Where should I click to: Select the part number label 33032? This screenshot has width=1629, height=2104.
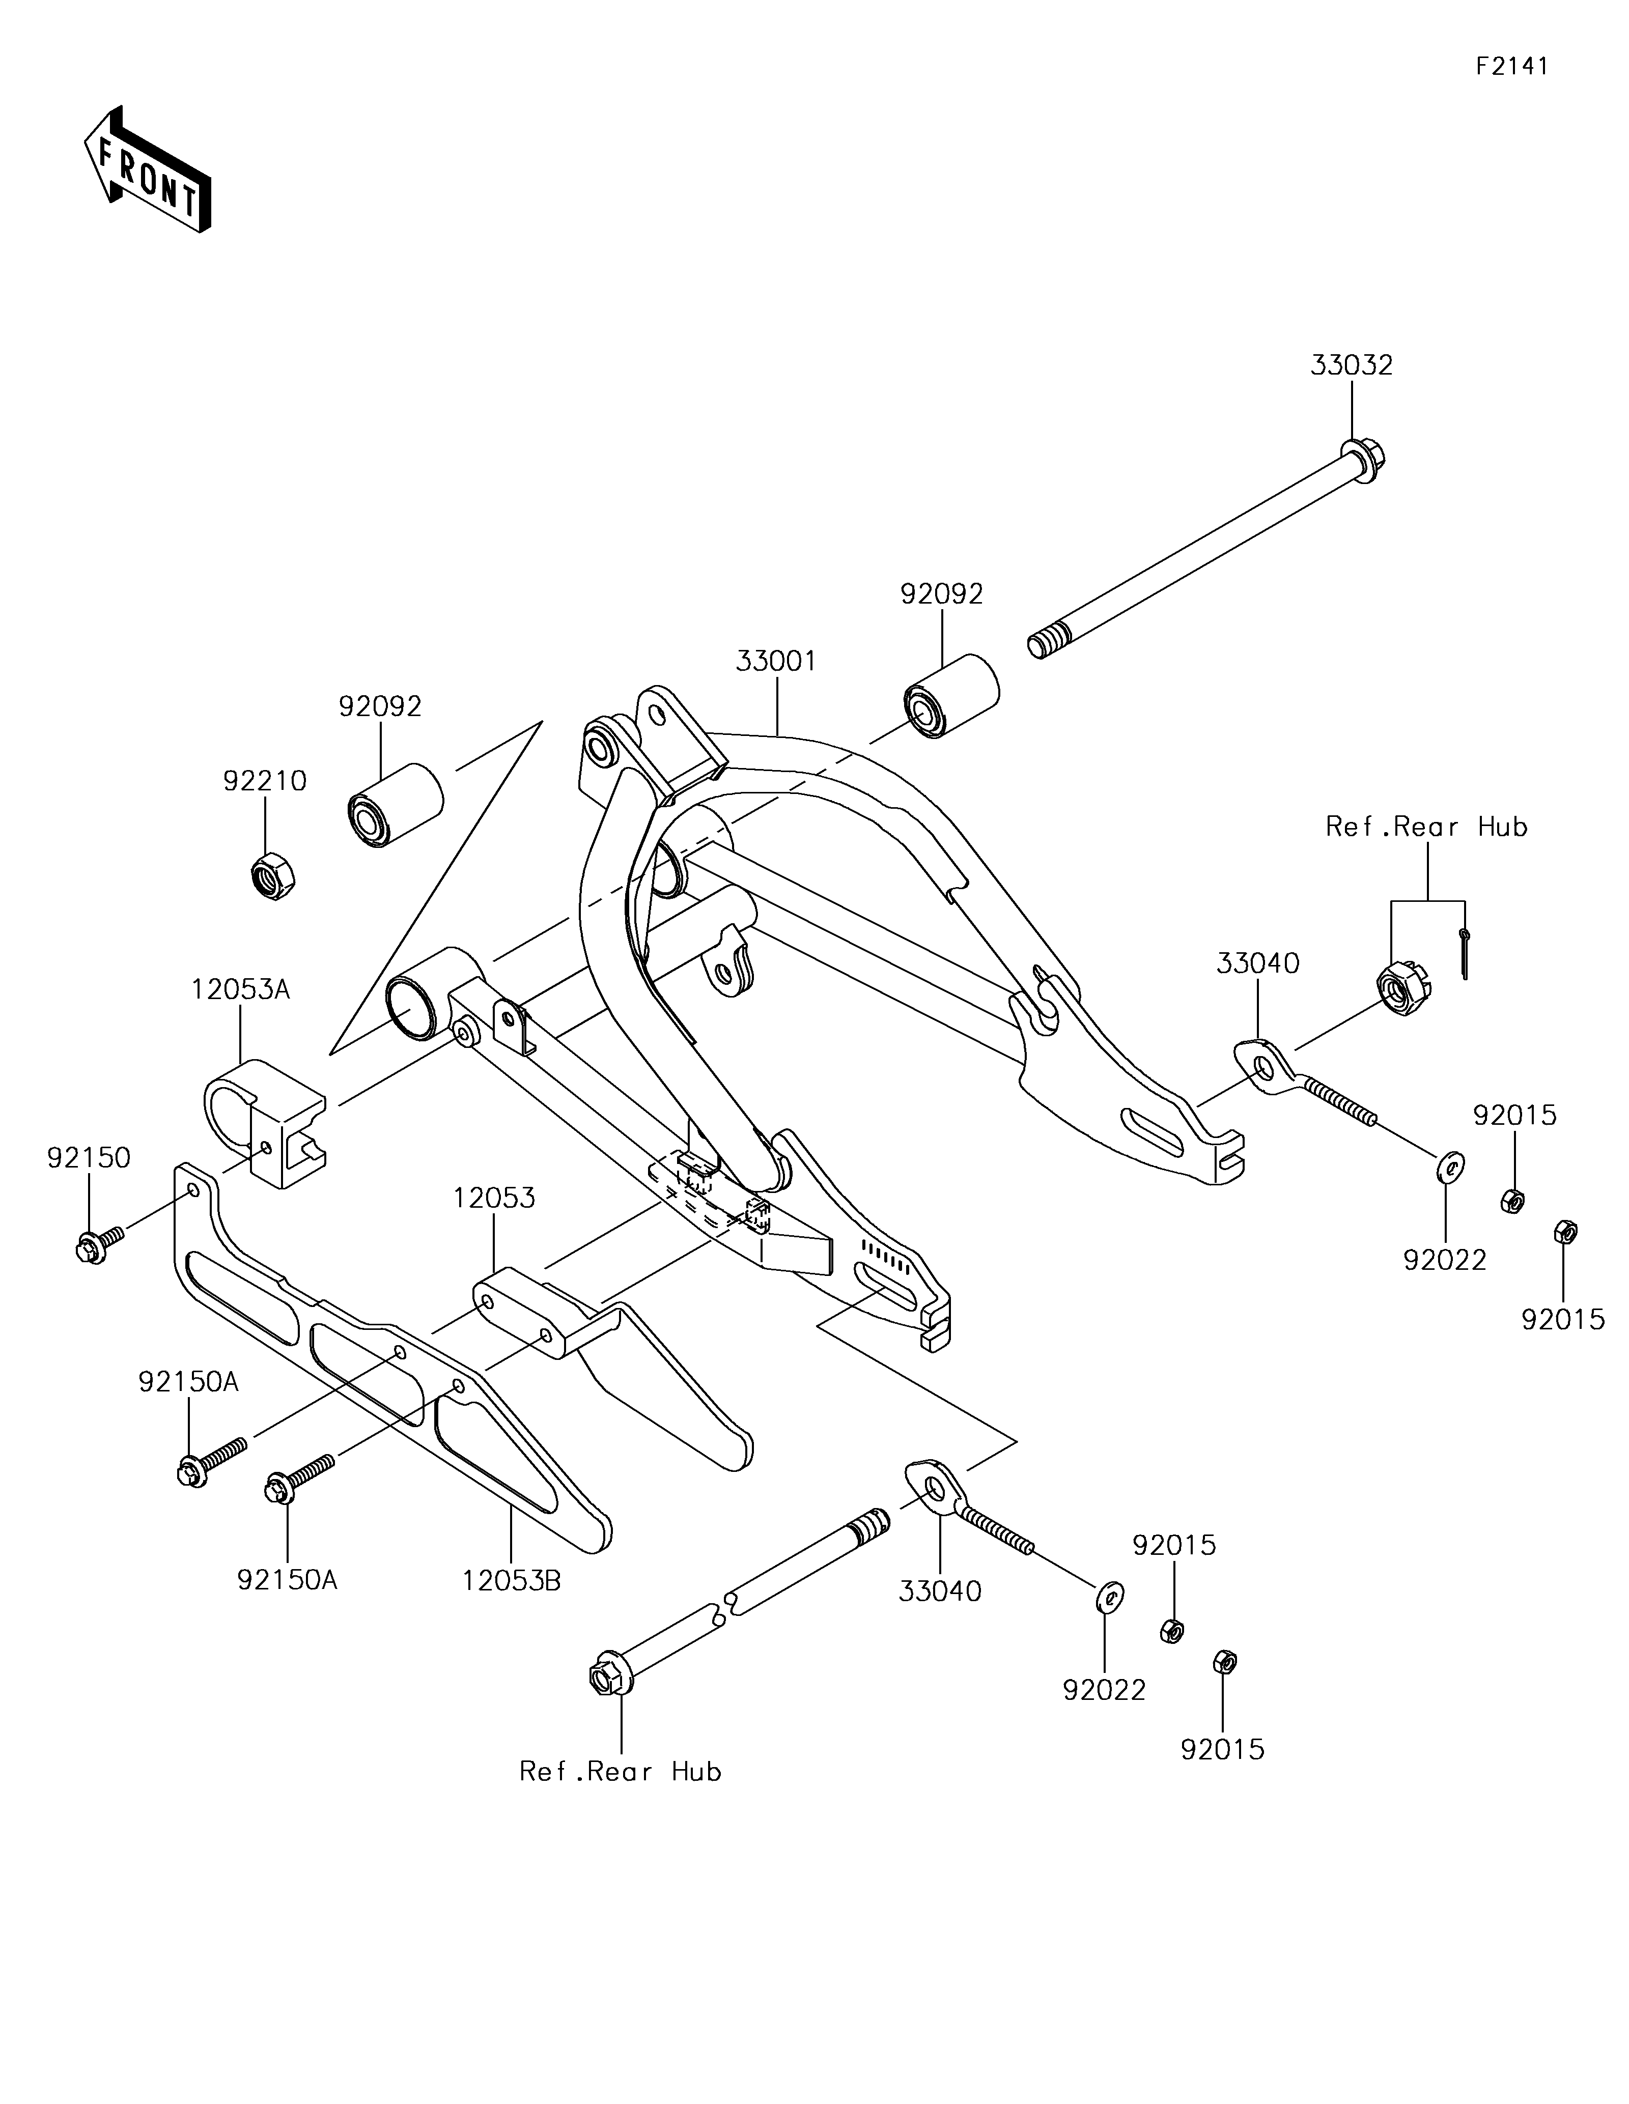1351,366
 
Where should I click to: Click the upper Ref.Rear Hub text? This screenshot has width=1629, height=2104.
1427,827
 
